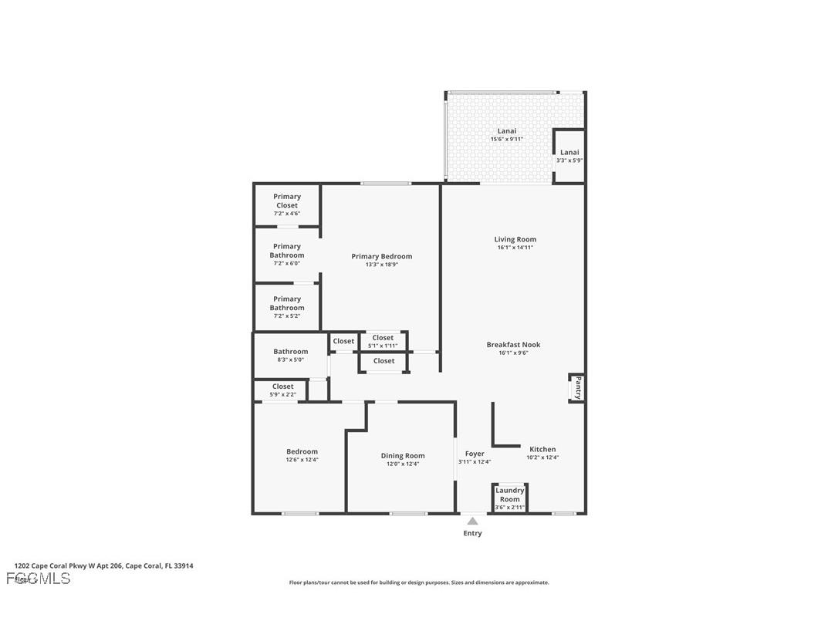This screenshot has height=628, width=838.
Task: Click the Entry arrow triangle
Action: coord(472,522)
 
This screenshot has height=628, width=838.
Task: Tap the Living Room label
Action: coord(515,239)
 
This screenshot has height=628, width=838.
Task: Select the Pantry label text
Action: coord(578,387)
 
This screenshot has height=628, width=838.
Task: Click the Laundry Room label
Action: coord(509,495)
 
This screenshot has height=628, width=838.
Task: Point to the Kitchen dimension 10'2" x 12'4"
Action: coord(542,457)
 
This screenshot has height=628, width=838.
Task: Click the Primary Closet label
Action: coord(286,201)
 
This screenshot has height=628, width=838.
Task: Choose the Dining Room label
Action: coord(403,455)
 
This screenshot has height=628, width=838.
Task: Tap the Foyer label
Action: coord(475,454)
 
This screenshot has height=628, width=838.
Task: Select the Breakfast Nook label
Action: coord(513,345)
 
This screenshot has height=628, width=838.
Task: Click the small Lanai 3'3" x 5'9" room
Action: coord(569,156)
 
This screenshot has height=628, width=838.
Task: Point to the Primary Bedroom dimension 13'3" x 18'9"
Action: coord(382,265)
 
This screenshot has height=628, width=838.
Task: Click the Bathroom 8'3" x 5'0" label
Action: coord(290,352)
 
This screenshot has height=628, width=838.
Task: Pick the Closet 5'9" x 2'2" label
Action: coord(282,387)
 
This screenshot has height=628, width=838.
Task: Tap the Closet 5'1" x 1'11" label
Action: coord(383,338)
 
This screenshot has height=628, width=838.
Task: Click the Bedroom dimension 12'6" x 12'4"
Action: coord(302,460)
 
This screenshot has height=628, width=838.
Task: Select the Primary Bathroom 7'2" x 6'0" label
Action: coord(286,251)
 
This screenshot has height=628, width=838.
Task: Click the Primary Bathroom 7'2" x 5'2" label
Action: coord(286,303)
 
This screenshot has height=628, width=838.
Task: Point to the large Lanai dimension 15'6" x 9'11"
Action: coord(507,140)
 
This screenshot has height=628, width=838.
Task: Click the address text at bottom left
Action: coord(103,566)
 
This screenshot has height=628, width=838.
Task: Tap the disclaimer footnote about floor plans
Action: coord(419,582)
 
